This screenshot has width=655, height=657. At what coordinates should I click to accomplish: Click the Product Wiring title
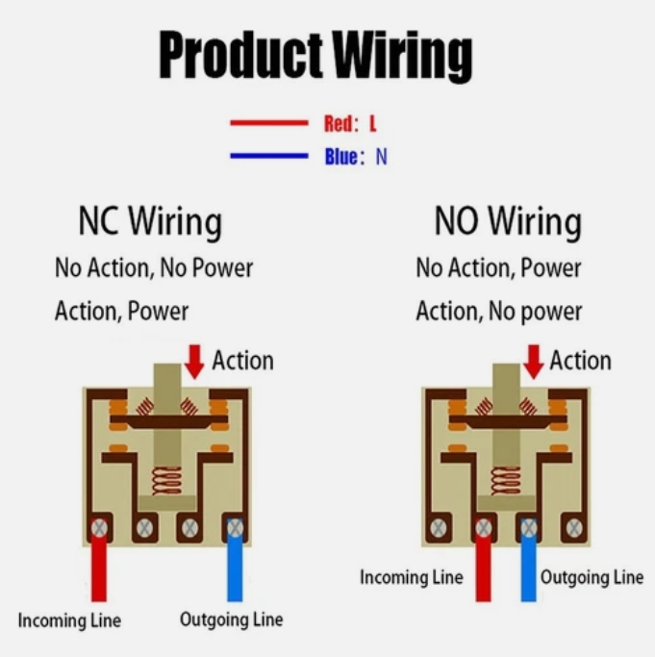click(315, 56)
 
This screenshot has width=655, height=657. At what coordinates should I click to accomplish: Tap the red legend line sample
click(267, 123)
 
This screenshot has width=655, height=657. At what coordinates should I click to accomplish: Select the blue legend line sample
click(267, 156)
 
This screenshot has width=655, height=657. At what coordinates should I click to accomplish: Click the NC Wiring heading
click(149, 221)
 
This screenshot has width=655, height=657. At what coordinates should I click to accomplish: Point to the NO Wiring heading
click(508, 221)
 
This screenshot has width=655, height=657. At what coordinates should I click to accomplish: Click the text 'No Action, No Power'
click(154, 267)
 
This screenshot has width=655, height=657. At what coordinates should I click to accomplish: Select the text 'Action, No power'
click(498, 312)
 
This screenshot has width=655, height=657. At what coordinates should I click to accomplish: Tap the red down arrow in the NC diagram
click(195, 362)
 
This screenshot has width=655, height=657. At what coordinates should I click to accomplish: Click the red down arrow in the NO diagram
click(532, 362)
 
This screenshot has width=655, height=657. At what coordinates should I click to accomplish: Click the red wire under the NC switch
click(98, 572)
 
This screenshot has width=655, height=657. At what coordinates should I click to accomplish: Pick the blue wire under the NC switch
click(235, 572)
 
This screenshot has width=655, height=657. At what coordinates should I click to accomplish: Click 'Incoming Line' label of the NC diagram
click(69, 620)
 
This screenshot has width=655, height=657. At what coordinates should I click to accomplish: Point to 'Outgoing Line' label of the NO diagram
click(591, 577)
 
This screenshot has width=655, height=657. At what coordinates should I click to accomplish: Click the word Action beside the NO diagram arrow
click(580, 362)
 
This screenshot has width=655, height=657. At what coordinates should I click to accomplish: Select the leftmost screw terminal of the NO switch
click(439, 527)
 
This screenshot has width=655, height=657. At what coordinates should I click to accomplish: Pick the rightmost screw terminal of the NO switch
click(573, 527)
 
